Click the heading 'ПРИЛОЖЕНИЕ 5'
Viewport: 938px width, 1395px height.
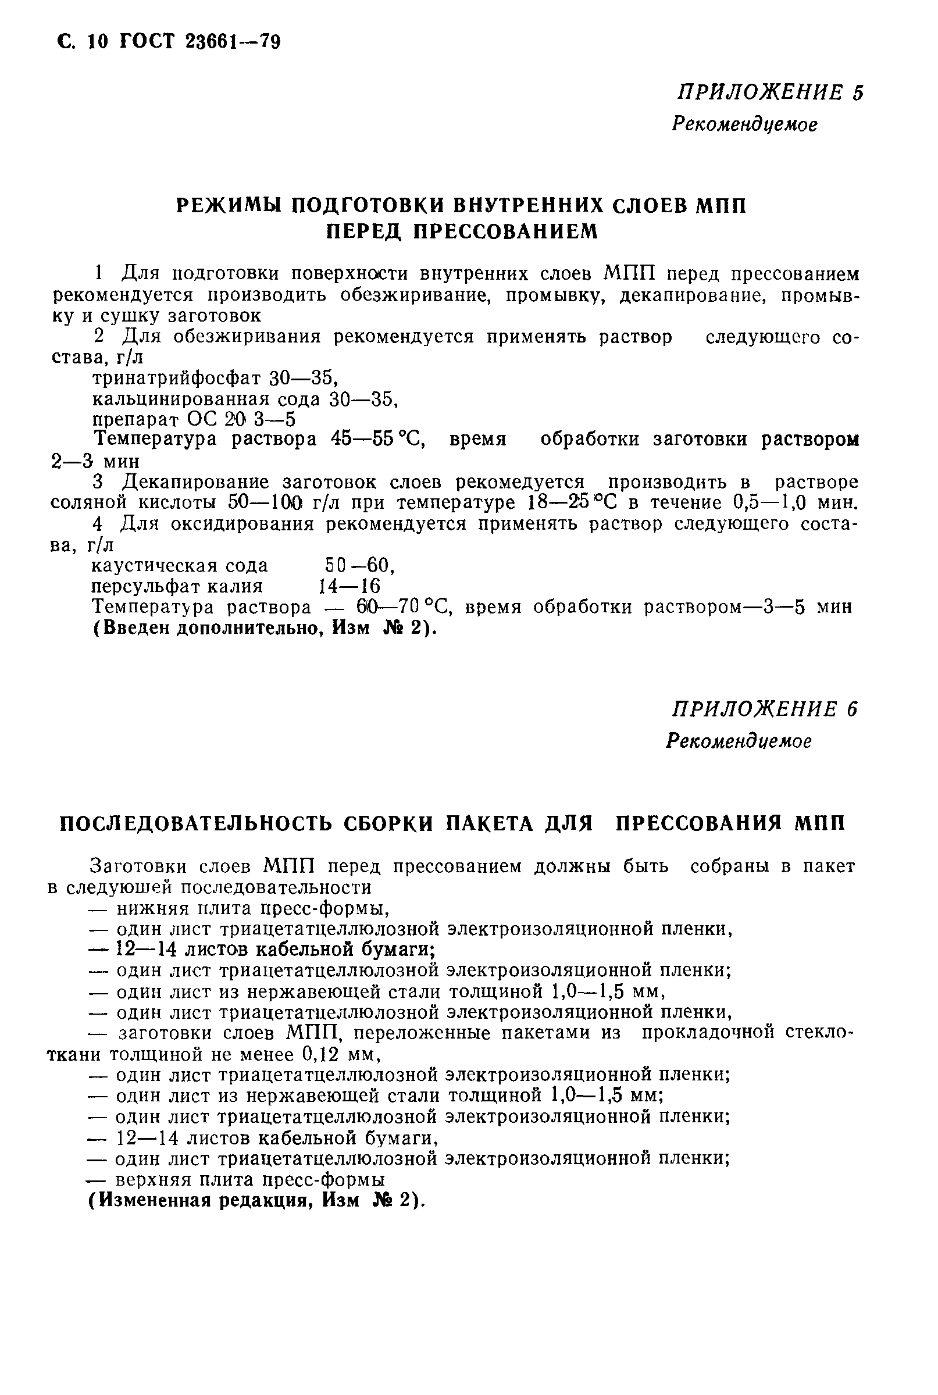770,92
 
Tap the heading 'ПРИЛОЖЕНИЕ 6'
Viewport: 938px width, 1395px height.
765,709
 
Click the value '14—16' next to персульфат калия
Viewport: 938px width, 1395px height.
349,586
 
